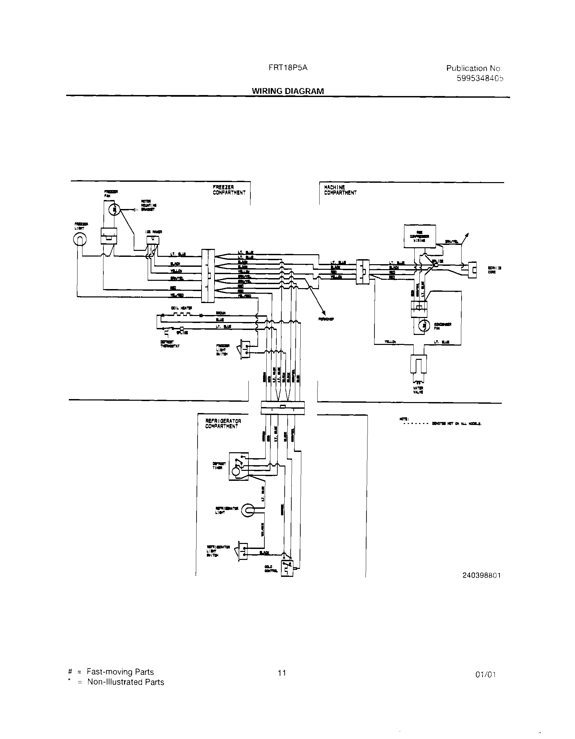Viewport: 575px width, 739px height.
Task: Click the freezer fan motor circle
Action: tap(114, 210)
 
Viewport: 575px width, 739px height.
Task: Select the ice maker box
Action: tap(153, 240)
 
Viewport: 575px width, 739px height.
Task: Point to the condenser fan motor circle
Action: tap(424, 326)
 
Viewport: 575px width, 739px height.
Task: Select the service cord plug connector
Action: tap(472, 270)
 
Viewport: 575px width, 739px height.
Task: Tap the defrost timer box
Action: tap(239, 466)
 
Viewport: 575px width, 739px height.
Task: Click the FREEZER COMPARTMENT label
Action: tap(229, 190)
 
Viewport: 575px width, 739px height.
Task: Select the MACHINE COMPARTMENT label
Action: tap(340, 190)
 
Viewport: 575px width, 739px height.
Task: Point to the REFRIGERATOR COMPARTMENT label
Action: tap(223, 424)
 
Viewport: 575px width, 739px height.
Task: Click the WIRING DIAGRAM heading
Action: tap(287, 91)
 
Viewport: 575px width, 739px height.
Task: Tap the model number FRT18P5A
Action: tap(288, 67)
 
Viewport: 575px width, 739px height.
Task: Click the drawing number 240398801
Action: tap(481, 576)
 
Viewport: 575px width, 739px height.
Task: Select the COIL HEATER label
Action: tap(182, 308)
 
